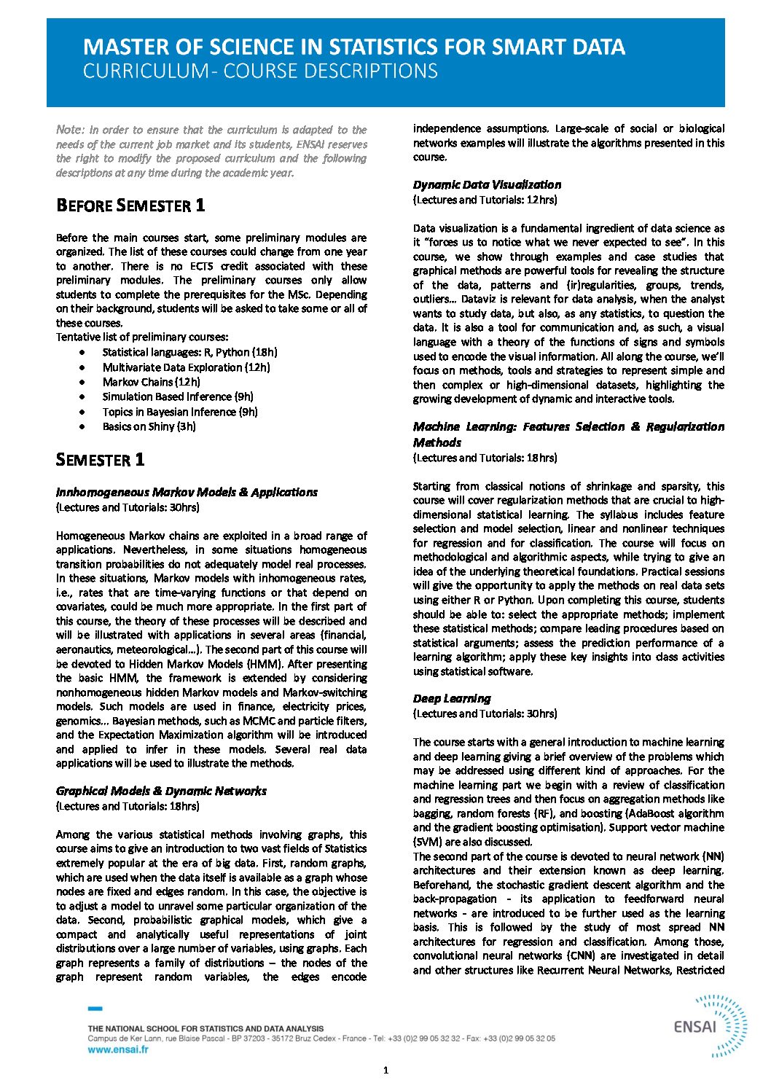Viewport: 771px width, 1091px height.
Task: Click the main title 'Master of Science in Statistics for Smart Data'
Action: pyautogui.click(x=353, y=47)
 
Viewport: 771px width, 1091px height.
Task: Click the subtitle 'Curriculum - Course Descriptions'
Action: pyautogui.click(x=260, y=71)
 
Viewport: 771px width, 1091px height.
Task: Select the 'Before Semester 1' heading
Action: pyautogui.click(x=130, y=206)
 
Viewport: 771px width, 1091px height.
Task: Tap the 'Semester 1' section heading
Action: pyautogui.click(x=100, y=460)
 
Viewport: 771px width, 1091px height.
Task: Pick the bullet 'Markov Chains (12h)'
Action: pyautogui.click(x=151, y=382)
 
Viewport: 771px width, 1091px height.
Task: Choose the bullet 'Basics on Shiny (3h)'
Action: pyautogui.click(x=149, y=426)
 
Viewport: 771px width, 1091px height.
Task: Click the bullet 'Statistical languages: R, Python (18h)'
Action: pyautogui.click(x=189, y=352)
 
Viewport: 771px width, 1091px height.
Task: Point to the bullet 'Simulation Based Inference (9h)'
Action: pyautogui.click(x=178, y=396)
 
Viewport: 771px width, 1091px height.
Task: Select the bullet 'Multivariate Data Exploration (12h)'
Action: pyautogui.click(x=186, y=367)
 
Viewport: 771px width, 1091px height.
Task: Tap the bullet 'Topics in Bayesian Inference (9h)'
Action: pyautogui.click(x=180, y=412)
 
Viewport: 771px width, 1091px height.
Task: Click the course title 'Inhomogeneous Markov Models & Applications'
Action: pyautogui.click(x=187, y=493)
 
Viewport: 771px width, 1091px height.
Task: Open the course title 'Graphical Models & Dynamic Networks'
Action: pyautogui.click(x=161, y=791)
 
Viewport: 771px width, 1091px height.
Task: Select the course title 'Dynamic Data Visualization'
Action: pyautogui.click(x=487, y=185)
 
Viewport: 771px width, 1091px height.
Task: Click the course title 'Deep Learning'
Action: pyautogui.click(x=452, y=699)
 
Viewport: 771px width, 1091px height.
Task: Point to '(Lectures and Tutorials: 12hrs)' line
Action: pyautogui.click(x=485, y=200)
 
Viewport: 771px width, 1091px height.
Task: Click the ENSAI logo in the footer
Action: pyautogui.click(x=710, y=1025)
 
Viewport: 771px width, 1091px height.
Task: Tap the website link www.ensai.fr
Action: pyautogui.click(x=118, y=1049)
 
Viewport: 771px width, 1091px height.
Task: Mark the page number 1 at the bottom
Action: pyautogui.click(x=385, y=1070)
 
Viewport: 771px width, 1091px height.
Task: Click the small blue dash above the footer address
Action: pyautogui.click(x=95, y=1009)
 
